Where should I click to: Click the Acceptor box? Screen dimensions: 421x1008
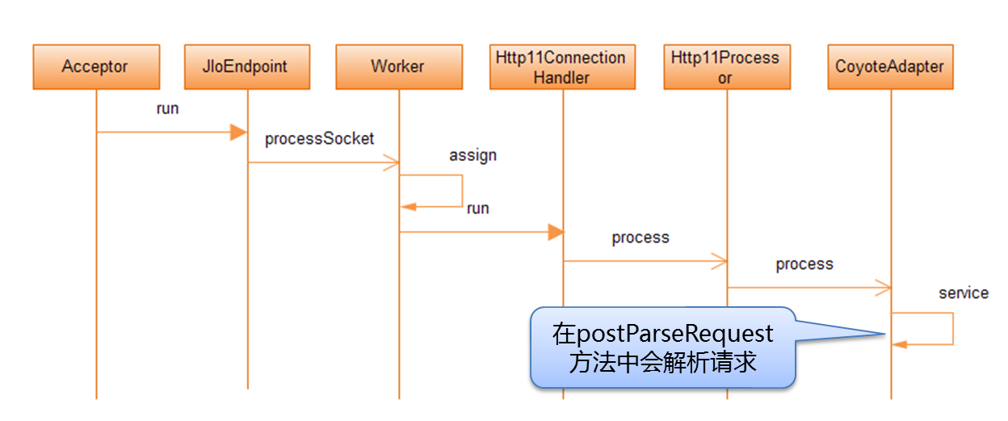coord(95,66)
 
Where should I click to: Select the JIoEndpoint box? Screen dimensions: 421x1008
coord(246,66)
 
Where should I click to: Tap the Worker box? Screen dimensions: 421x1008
coord(398,66)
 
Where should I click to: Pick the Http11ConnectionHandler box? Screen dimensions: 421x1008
coord(562,66)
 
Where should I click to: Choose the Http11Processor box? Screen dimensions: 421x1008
coord(725,66)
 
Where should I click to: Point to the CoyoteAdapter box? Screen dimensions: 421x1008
coord(890,66)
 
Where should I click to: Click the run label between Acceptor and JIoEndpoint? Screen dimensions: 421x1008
coord(167,109)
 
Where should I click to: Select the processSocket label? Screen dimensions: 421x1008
coord(319,139)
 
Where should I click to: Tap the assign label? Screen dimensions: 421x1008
coord(472,155)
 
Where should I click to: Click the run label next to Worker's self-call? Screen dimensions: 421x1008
coord(477,208)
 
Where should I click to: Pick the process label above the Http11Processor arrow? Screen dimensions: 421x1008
coord(640,238)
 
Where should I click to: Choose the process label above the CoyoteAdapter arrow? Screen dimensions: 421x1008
coord(804,264)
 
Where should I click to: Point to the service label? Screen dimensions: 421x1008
coord(964,293)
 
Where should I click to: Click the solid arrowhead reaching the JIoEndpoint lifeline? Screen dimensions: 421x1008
coord(238,133)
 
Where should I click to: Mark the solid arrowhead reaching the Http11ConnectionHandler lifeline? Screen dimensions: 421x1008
coord(555,233)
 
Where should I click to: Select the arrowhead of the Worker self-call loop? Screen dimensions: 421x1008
coord(409,207)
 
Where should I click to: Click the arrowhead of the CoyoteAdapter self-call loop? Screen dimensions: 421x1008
coord(900,344)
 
